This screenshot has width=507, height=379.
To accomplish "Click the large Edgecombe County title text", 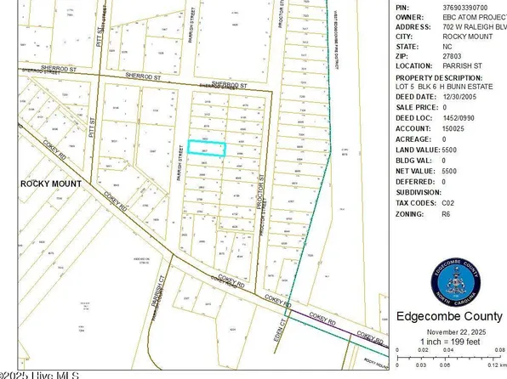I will click(450, 317).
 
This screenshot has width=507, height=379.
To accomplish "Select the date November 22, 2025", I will click(450, 331).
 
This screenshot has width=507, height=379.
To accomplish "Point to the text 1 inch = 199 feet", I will click(450, 341).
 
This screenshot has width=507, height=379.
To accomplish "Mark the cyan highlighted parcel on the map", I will click(207, 148).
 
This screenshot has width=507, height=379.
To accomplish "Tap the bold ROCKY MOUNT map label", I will click(51, 184).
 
